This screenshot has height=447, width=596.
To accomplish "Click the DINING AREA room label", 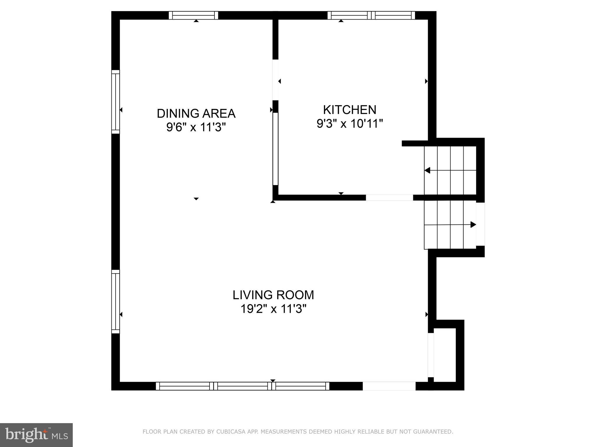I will [196, 113].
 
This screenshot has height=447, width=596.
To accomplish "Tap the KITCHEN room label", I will [350, 110].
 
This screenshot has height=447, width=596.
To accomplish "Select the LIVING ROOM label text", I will [273, 295].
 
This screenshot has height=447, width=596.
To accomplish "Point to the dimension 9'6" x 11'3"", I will [196, 127].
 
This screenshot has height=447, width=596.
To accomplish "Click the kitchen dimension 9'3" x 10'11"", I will [350, 124].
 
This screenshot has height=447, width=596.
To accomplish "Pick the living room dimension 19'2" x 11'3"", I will [273, 309].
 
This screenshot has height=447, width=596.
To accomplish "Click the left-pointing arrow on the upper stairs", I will [428, 170].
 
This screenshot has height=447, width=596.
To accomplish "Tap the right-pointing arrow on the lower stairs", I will [473, 224].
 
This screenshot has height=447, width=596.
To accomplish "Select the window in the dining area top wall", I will [194, 15].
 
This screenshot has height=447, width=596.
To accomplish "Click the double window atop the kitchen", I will [371, 15].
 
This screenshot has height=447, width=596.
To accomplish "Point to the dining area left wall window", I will [116, 102].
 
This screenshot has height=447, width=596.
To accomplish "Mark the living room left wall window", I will [116, 301].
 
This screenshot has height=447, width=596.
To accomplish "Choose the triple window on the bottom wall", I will [242, 386].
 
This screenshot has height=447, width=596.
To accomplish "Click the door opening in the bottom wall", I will [389, 386].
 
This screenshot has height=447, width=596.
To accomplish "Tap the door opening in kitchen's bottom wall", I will [389, 198].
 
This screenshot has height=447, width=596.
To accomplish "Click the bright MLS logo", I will [36, 435].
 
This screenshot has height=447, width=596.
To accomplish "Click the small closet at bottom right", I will [444, 355].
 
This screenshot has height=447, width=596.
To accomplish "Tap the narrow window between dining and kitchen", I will [275, 149].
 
